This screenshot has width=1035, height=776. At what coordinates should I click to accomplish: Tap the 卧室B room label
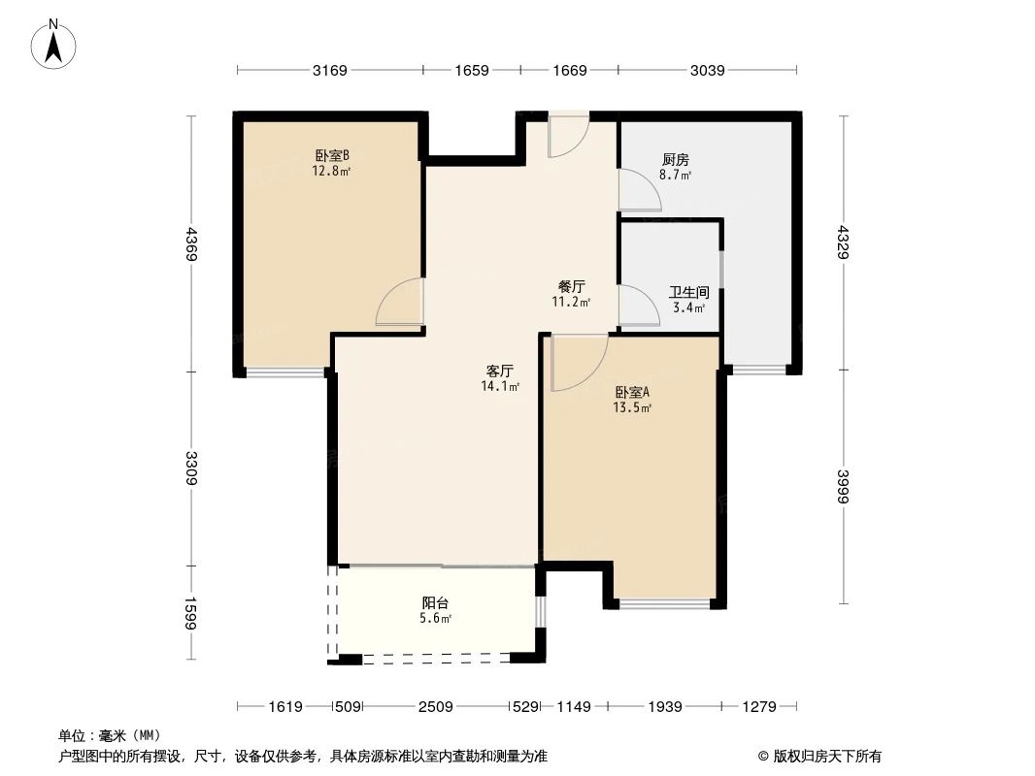(x=331, y=155)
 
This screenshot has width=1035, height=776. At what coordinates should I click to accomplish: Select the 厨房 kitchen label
(x=676, y=160)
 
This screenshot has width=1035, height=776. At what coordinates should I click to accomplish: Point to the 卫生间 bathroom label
(x=687, y=292)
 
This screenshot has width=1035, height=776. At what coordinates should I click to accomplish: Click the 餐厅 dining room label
(x=571, y=286)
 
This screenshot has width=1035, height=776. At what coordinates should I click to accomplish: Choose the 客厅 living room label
(x=499, y=371)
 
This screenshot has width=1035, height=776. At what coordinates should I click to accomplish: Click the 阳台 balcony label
(x=436, y=602)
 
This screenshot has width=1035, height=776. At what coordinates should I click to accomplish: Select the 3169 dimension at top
(x=330, y=70)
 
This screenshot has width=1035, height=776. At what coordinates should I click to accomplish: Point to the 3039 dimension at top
(x=708, y=70)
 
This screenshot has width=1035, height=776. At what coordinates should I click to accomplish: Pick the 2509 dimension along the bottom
(x=436, y=707)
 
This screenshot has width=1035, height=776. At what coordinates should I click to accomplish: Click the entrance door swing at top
(x=567, y=136)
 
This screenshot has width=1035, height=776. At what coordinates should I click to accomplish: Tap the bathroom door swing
(x=637, y=306)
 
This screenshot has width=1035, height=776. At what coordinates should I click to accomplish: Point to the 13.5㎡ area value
(x=632, y=408)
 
